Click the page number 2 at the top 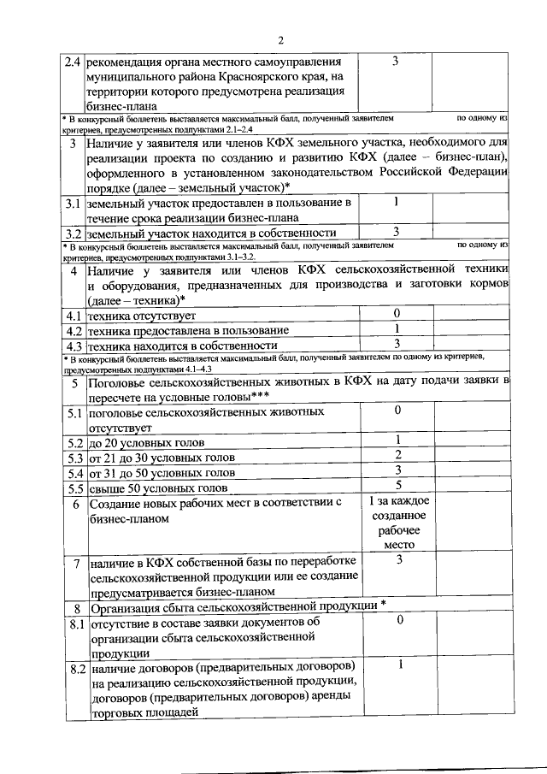(x=279, y=40)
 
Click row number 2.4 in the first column (x=74, y=62)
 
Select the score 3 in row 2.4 (x=395, y=62)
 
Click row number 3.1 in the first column (x=74, y=204)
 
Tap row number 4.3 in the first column (x=74, y=346)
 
